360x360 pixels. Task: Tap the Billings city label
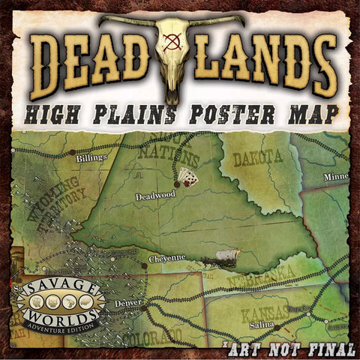93,157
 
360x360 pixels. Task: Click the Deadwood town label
155,196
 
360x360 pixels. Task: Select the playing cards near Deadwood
187,177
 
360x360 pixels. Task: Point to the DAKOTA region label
257,157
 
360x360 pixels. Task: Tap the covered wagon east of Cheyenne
223,259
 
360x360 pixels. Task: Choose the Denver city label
129,302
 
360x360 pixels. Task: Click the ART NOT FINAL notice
288,348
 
